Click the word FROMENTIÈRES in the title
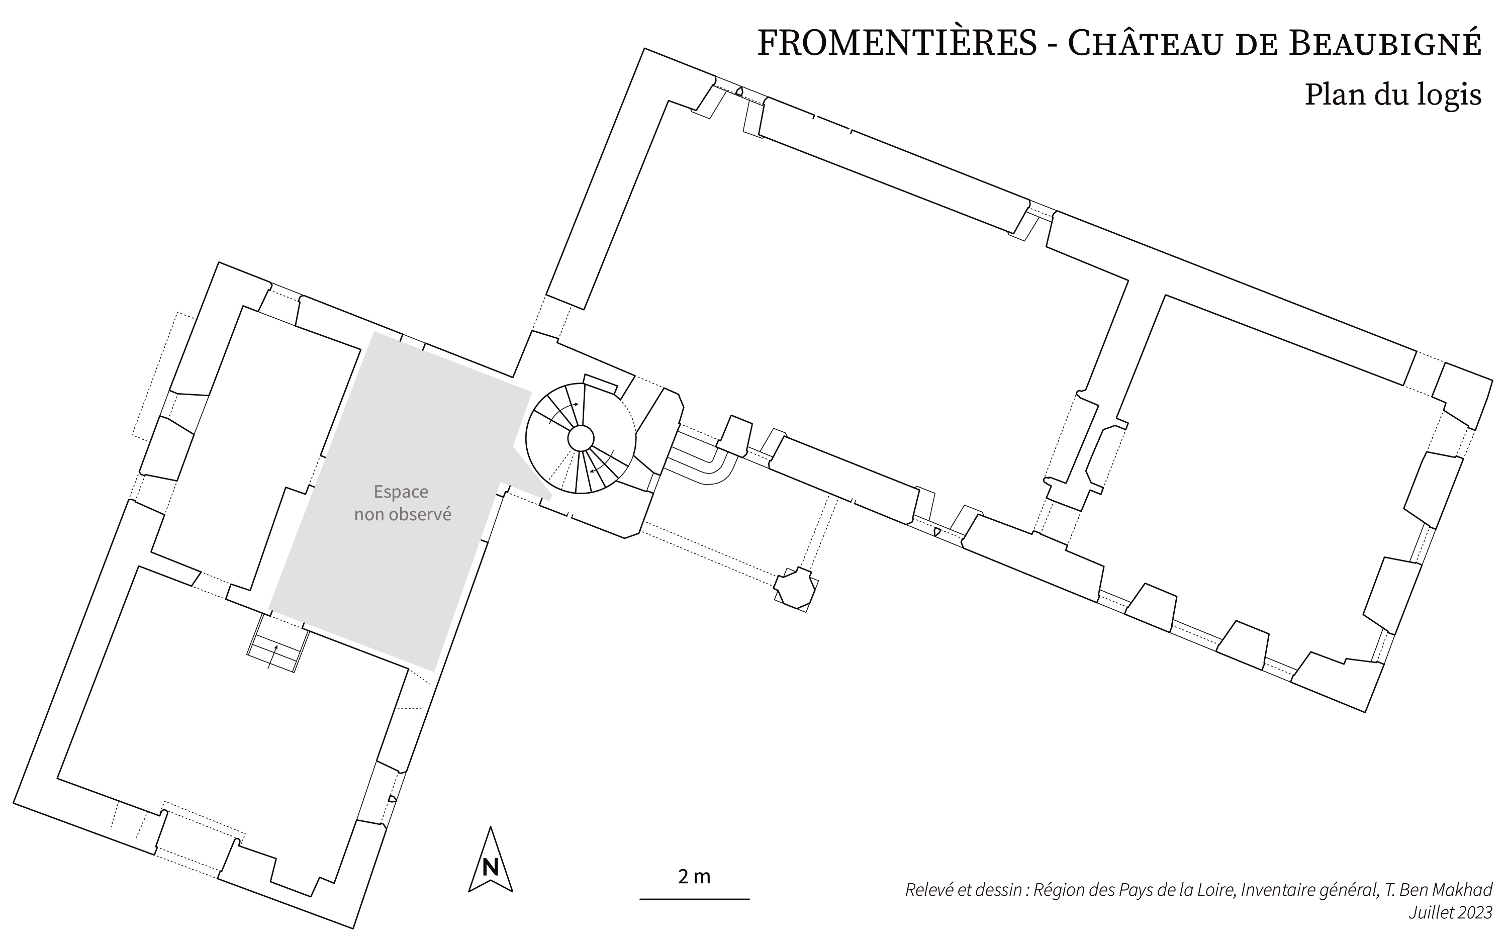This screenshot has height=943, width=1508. (897, 43)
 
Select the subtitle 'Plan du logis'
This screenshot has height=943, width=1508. (1393, 95)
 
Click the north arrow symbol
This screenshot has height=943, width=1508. (490, 860)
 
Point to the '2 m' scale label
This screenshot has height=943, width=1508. (694, 876)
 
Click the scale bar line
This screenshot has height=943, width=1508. (694, 899)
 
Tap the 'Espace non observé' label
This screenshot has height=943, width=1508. (402, 503)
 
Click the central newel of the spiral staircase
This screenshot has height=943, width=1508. (581, 438)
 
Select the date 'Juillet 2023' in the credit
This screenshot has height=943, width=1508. (1450, 912)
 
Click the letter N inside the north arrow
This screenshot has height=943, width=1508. (490, 868)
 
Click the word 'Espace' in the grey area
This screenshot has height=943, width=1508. (401, 492)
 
